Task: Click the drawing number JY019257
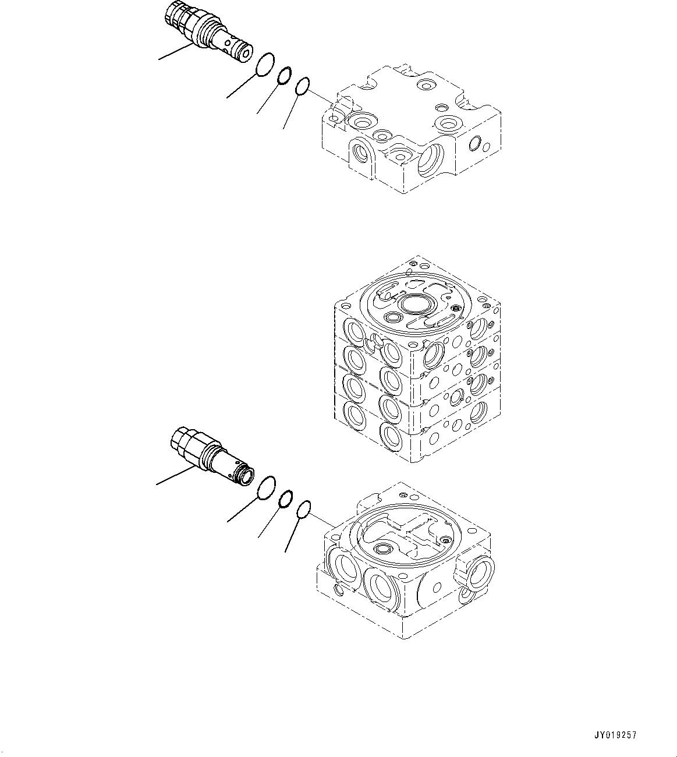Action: [616, 735]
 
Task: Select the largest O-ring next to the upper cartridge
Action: [265, 64]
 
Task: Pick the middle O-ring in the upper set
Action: [285, 76]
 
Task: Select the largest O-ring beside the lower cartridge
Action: [266, 487]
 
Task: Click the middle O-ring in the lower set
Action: [286, 499]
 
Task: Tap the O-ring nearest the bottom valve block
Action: [303, 510]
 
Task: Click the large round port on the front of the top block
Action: [431, 160]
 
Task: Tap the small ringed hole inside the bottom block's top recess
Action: [384, 549]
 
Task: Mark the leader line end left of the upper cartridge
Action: [159, 59]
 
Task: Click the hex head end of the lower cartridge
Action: [183, 440]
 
